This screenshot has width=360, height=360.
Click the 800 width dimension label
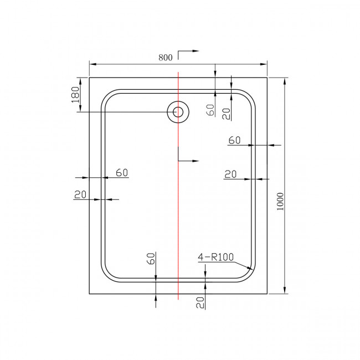166,56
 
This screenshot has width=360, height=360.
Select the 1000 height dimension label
280,202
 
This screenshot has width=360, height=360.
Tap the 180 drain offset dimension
76,94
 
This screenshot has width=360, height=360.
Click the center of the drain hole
178,112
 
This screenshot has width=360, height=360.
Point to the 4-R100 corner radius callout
216,257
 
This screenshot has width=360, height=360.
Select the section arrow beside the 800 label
188,52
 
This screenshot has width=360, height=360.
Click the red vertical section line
178,222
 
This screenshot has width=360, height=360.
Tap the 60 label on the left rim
122,173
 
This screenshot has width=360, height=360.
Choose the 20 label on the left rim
80,194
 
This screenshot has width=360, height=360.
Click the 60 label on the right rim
234,141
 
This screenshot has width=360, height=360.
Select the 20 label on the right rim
230,174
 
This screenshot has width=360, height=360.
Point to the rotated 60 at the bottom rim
151,258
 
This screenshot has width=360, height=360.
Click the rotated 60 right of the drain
210,110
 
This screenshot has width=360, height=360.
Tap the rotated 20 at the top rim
226,113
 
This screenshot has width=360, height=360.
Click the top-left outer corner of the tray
89,78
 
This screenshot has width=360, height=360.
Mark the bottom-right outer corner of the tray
268,294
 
